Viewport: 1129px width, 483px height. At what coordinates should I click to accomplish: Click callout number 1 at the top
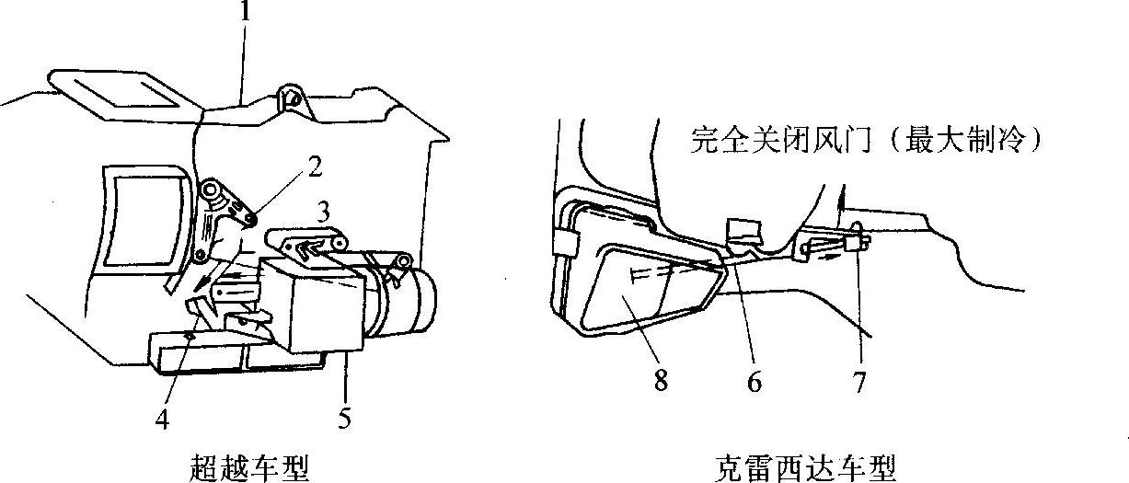(246, 11)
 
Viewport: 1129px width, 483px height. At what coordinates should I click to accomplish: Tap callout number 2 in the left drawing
(315, 166)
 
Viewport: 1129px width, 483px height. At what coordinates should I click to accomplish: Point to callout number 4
(162, 419)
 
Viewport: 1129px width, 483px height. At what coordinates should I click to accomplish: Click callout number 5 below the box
(344, 418)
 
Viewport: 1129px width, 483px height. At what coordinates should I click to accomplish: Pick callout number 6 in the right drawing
(754, 382)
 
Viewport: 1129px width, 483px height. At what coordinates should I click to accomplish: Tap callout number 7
(859, 382)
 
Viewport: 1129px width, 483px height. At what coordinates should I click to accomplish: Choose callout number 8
(662, 380)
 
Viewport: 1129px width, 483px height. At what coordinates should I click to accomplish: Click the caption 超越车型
(249, 468)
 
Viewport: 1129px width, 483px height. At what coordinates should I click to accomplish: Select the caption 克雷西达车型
(805, 468)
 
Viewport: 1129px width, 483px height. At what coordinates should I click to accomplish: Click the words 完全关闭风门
(780, 139)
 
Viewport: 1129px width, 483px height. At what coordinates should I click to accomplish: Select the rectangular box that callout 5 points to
(313, 303)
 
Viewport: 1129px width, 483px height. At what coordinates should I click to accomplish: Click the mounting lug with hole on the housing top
(293, 103)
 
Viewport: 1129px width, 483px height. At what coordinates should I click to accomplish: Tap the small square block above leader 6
(745, 232)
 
